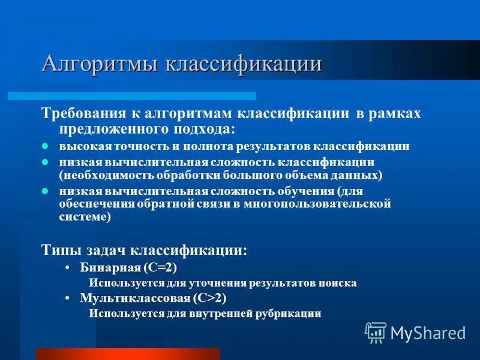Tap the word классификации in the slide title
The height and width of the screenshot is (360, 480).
click(243, 64)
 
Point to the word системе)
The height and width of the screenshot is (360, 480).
click(85, 218)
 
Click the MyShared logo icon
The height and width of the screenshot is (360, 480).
click(376, 332)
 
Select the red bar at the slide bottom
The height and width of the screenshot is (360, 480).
click(127, 353)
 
